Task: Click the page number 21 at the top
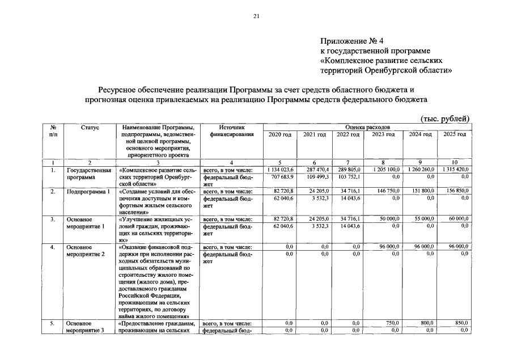pos(256,16)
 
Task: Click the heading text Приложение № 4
pos(352,41)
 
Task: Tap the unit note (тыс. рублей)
pos(445,118)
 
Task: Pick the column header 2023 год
pos(383,134)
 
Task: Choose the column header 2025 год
pos(453,134)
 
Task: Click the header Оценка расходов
pos(367,128)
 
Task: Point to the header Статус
pos(90,128)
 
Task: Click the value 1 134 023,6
pos(279,170)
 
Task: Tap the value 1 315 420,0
pos(455,170)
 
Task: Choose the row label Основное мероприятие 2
pos(85,251)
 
